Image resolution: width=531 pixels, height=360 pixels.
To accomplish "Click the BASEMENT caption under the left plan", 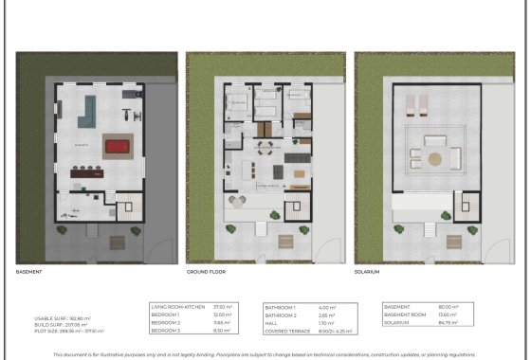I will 30,272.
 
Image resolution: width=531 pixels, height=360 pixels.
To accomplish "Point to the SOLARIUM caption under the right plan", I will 368,272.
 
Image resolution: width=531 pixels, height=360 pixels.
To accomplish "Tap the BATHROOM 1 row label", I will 280,307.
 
